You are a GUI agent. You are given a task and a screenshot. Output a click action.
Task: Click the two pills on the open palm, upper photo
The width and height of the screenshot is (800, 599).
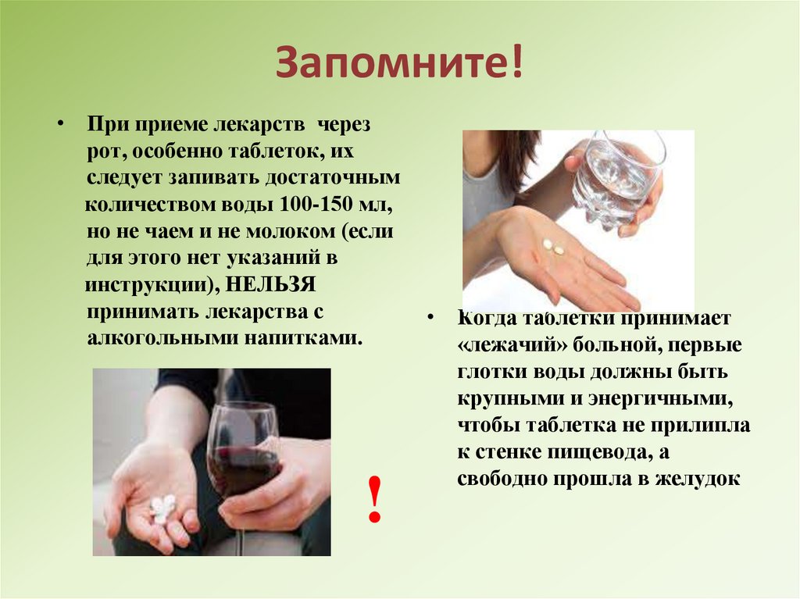pos(553,248)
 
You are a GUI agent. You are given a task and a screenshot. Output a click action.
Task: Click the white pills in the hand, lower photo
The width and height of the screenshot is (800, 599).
pos(162,508)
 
